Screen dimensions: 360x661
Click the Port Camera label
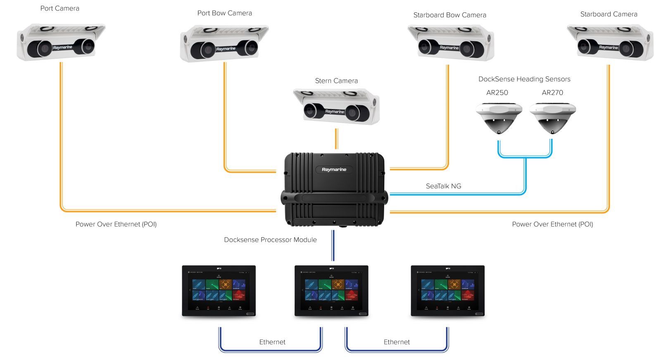(59, 8)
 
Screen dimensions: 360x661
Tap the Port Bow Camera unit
(224, 43)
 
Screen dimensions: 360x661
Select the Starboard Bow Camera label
(449, 15)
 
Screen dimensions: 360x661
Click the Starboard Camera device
(610, 42)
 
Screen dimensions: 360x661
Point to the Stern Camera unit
(336, 106)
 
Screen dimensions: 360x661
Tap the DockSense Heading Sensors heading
(524, 79)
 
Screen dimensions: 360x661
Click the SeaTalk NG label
(443, 186)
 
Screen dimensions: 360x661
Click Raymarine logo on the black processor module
(334, 169)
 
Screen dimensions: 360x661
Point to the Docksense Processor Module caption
(270, 240)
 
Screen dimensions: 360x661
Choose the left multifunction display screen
(219, 291)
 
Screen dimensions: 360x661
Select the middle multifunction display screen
(331, 291)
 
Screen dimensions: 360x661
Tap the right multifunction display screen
(448, 291)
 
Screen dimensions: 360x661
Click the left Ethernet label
(272, 342)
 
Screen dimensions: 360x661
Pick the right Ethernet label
(397, 342)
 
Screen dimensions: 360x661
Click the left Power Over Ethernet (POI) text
(116, 224)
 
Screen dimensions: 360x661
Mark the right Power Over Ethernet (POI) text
(552, 224)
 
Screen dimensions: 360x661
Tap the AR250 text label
(497, 93)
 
